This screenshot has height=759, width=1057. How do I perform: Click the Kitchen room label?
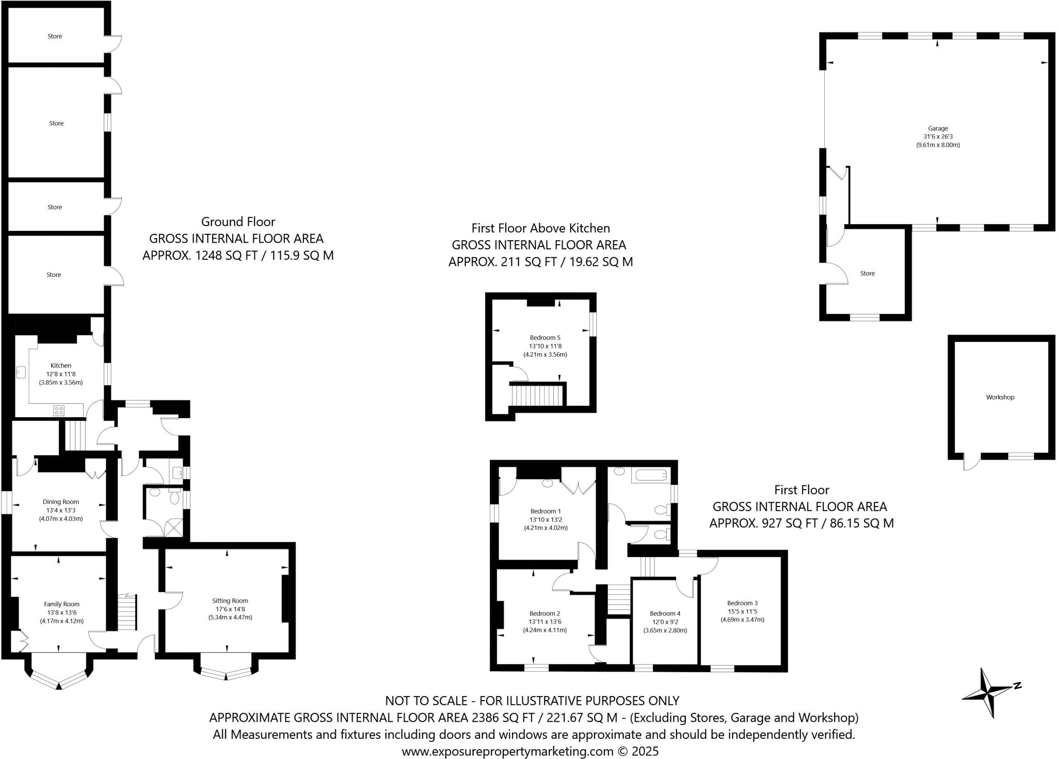coord(60,366)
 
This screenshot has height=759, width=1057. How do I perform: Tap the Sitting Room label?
coord(230,600)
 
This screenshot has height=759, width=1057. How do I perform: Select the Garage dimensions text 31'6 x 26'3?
coord(938,137)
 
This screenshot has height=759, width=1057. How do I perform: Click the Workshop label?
coord(1000,397)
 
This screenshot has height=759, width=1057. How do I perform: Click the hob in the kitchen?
coord(59,411)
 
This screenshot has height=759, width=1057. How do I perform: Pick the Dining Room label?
coord(60,502)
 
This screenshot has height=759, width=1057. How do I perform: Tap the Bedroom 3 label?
coord(742,603)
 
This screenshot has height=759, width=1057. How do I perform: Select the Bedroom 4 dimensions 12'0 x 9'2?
coord(665,622)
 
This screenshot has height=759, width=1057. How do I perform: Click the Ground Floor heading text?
coord(238,222)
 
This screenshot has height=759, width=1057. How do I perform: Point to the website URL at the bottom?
coord(507,751)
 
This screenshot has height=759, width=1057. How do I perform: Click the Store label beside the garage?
coord(867,274)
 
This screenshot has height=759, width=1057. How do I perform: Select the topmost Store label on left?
coord(55,36)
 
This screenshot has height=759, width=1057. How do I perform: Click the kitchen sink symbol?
coord(21,372)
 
